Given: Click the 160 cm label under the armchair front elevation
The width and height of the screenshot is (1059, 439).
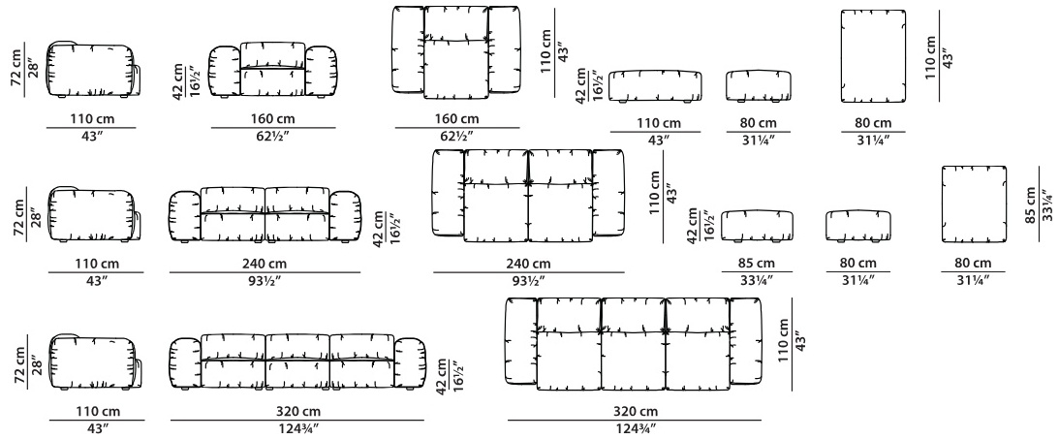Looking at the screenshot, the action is click(273, 119).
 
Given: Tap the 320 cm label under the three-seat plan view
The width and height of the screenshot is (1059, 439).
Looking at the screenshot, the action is click(635, 411).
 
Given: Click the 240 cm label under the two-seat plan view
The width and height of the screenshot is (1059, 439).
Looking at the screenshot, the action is click(528, 264).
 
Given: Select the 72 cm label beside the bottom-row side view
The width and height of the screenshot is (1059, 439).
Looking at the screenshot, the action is click(19, 366).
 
